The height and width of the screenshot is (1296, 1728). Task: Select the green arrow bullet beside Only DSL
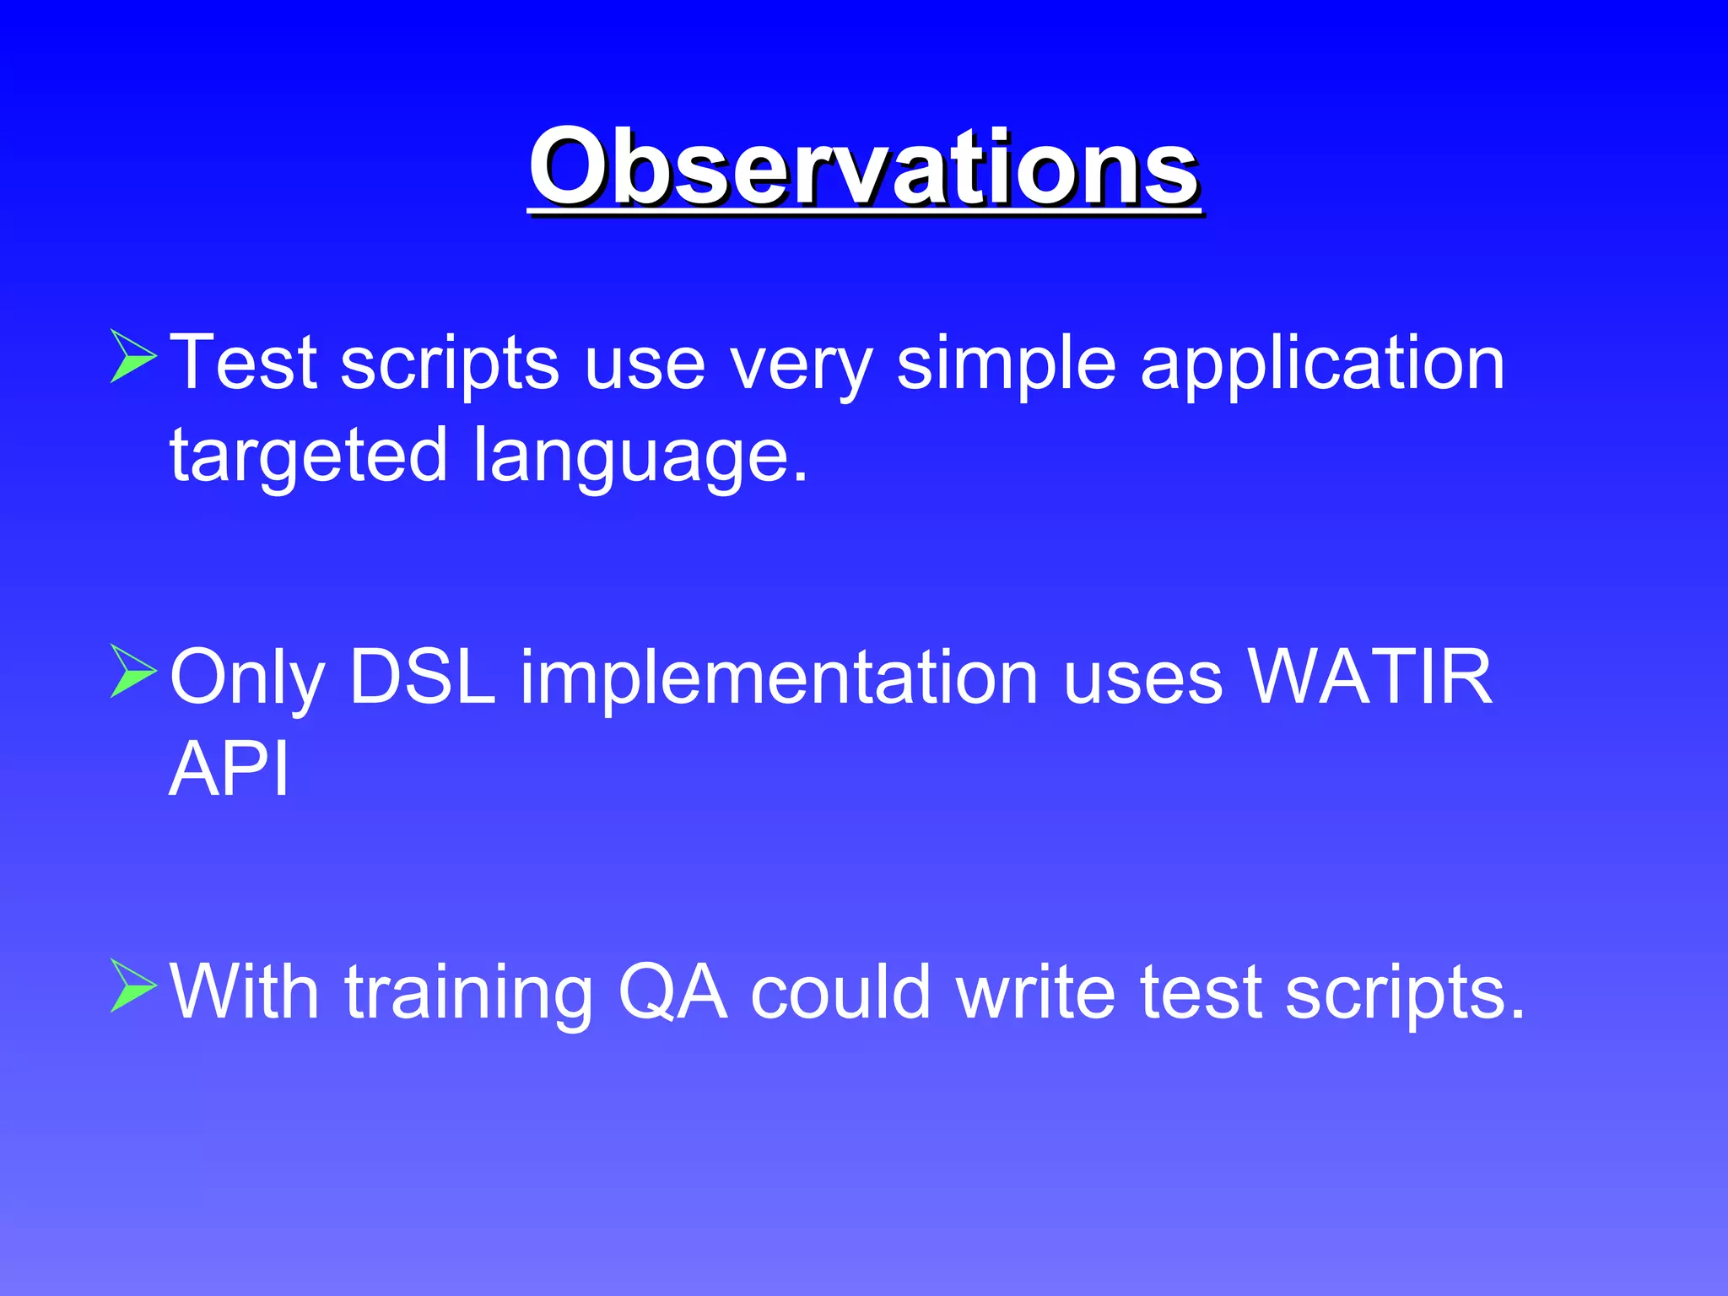(x=133, y=672)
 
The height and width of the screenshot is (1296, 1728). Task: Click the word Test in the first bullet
(x=244, y=363)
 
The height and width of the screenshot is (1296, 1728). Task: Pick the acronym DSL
(x=422, y=677)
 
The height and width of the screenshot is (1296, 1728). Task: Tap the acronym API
(x=229, y=769)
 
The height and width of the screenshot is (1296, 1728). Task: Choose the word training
(x=468, y=993)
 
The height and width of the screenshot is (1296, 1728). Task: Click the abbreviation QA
(x=672, y=993)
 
